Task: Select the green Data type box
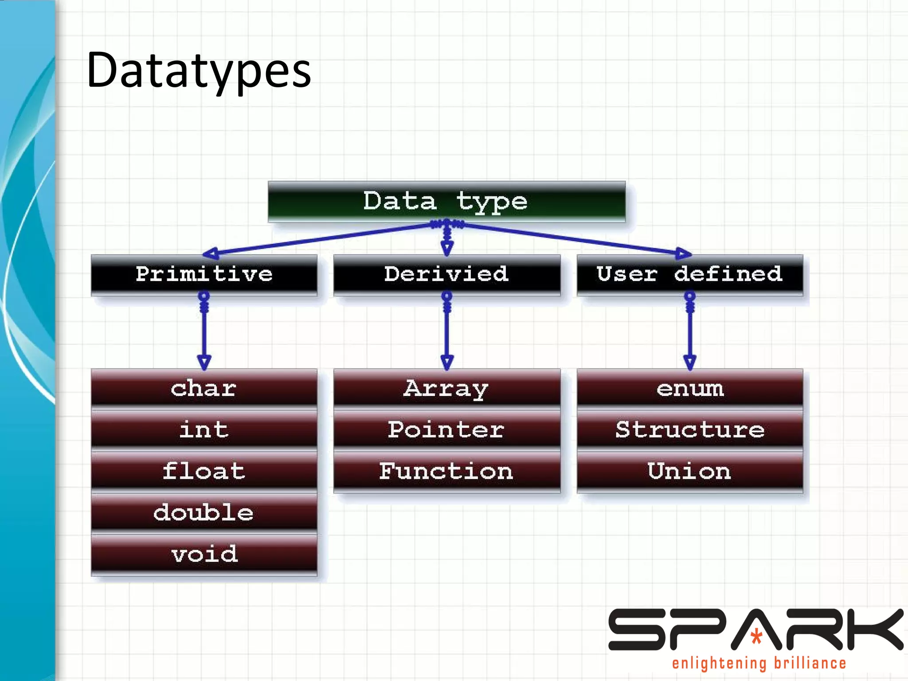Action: pyautogui.click(x=446, y=201)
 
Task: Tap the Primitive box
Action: pyautogui.click(x=204, y=274)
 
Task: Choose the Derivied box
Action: pyautogui.click(x=446, y=274)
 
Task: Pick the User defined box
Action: pyautogui.click(x=689, y=274)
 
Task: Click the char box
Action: pyautogui.click(x=204, y=388)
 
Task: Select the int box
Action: pyautogui.click(x=204, y=429)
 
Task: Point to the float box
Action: pyautogui.click(x=204, y=471)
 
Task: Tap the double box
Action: pyautogui.click(x=204, y=513)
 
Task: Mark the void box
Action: pyautogui.click(x=204, y=554)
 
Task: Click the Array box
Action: pyautogui.click(x=446, y=388)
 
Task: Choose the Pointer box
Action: pyautogui.click(x=446, y=429)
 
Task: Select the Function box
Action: pyautogui.click(x=446, y=471)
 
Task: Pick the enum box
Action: pyautogui.click(x=689, y=388)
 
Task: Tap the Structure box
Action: pyautogui.click(x=689, y=429)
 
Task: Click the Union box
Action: pyautogui.click(x=689, y=471)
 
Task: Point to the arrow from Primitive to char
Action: pyautogui.click(x=204, y=333)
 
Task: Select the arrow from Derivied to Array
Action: pyautogui.click(x=447, y=333)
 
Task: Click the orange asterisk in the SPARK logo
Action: pyautogui.click(x=756, y=637)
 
